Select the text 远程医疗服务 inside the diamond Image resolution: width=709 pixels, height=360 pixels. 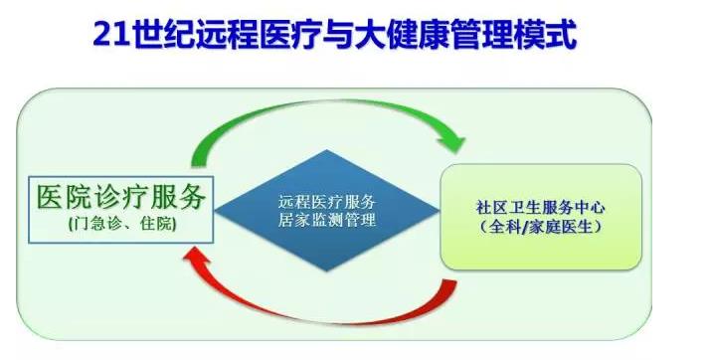[327, 199]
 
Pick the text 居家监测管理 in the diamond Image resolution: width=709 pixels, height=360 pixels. [327, 220]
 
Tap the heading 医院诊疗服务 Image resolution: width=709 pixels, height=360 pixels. [121, 196]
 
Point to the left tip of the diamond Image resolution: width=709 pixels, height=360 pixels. [218, 209]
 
